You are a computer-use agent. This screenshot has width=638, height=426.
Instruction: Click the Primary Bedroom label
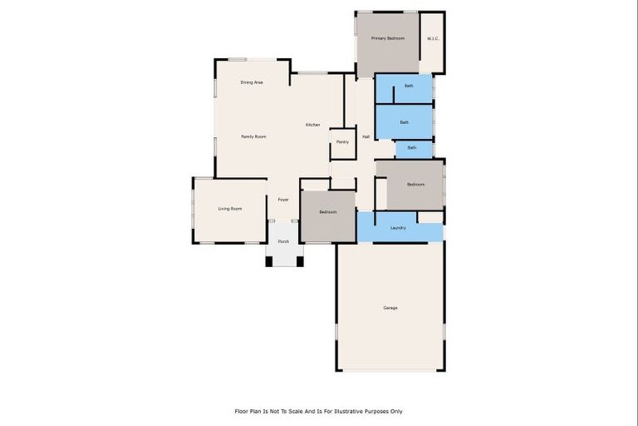pos(388,38)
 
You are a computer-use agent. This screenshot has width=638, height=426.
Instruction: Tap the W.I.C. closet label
pos(433,38)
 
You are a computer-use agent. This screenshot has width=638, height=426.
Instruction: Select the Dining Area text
pos(252,82)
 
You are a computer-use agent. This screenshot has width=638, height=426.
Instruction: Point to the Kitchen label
pos(312,125)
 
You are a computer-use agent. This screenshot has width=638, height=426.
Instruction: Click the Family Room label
pos(253,136)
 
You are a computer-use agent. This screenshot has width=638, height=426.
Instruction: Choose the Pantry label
pos(342,142)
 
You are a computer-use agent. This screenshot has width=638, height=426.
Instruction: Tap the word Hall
pos(366,136)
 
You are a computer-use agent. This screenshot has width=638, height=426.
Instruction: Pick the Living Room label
pos(230,208)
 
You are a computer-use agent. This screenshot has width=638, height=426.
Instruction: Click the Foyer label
pos(283,200)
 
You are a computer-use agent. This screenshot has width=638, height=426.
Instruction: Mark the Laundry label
pos(398,227)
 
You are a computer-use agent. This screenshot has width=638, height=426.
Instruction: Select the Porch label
pos(283,241)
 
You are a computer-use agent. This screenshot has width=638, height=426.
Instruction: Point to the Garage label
pos(390,308)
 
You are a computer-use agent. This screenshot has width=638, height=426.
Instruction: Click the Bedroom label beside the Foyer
pos(328,212)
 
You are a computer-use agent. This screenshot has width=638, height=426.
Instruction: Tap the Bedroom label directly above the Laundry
pos(415,184)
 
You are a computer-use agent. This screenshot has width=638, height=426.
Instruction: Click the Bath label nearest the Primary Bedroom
pos(409,87)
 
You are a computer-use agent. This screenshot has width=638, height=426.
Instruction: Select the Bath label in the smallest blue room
pos(412,148)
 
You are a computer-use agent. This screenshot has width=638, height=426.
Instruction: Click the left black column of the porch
pos(269,261)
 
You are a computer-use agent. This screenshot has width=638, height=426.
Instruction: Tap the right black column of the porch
pos(300,261)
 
